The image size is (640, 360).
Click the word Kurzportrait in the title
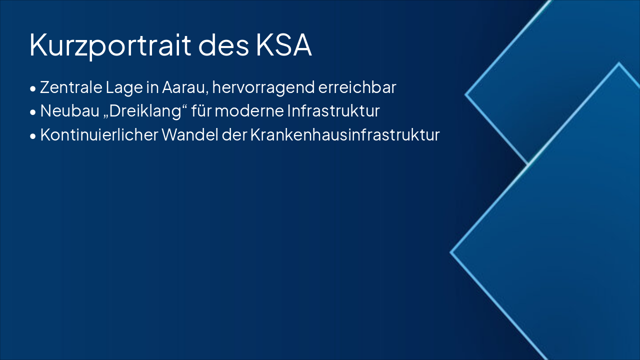pos(110,45)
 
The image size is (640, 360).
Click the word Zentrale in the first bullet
pos(70,87)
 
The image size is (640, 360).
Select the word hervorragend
pos(262,88)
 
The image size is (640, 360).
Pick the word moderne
pos(249,111)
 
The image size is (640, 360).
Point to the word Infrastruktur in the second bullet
pos(333,111)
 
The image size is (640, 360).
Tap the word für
pos(202,111)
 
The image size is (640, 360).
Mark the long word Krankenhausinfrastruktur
pos(344,135)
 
